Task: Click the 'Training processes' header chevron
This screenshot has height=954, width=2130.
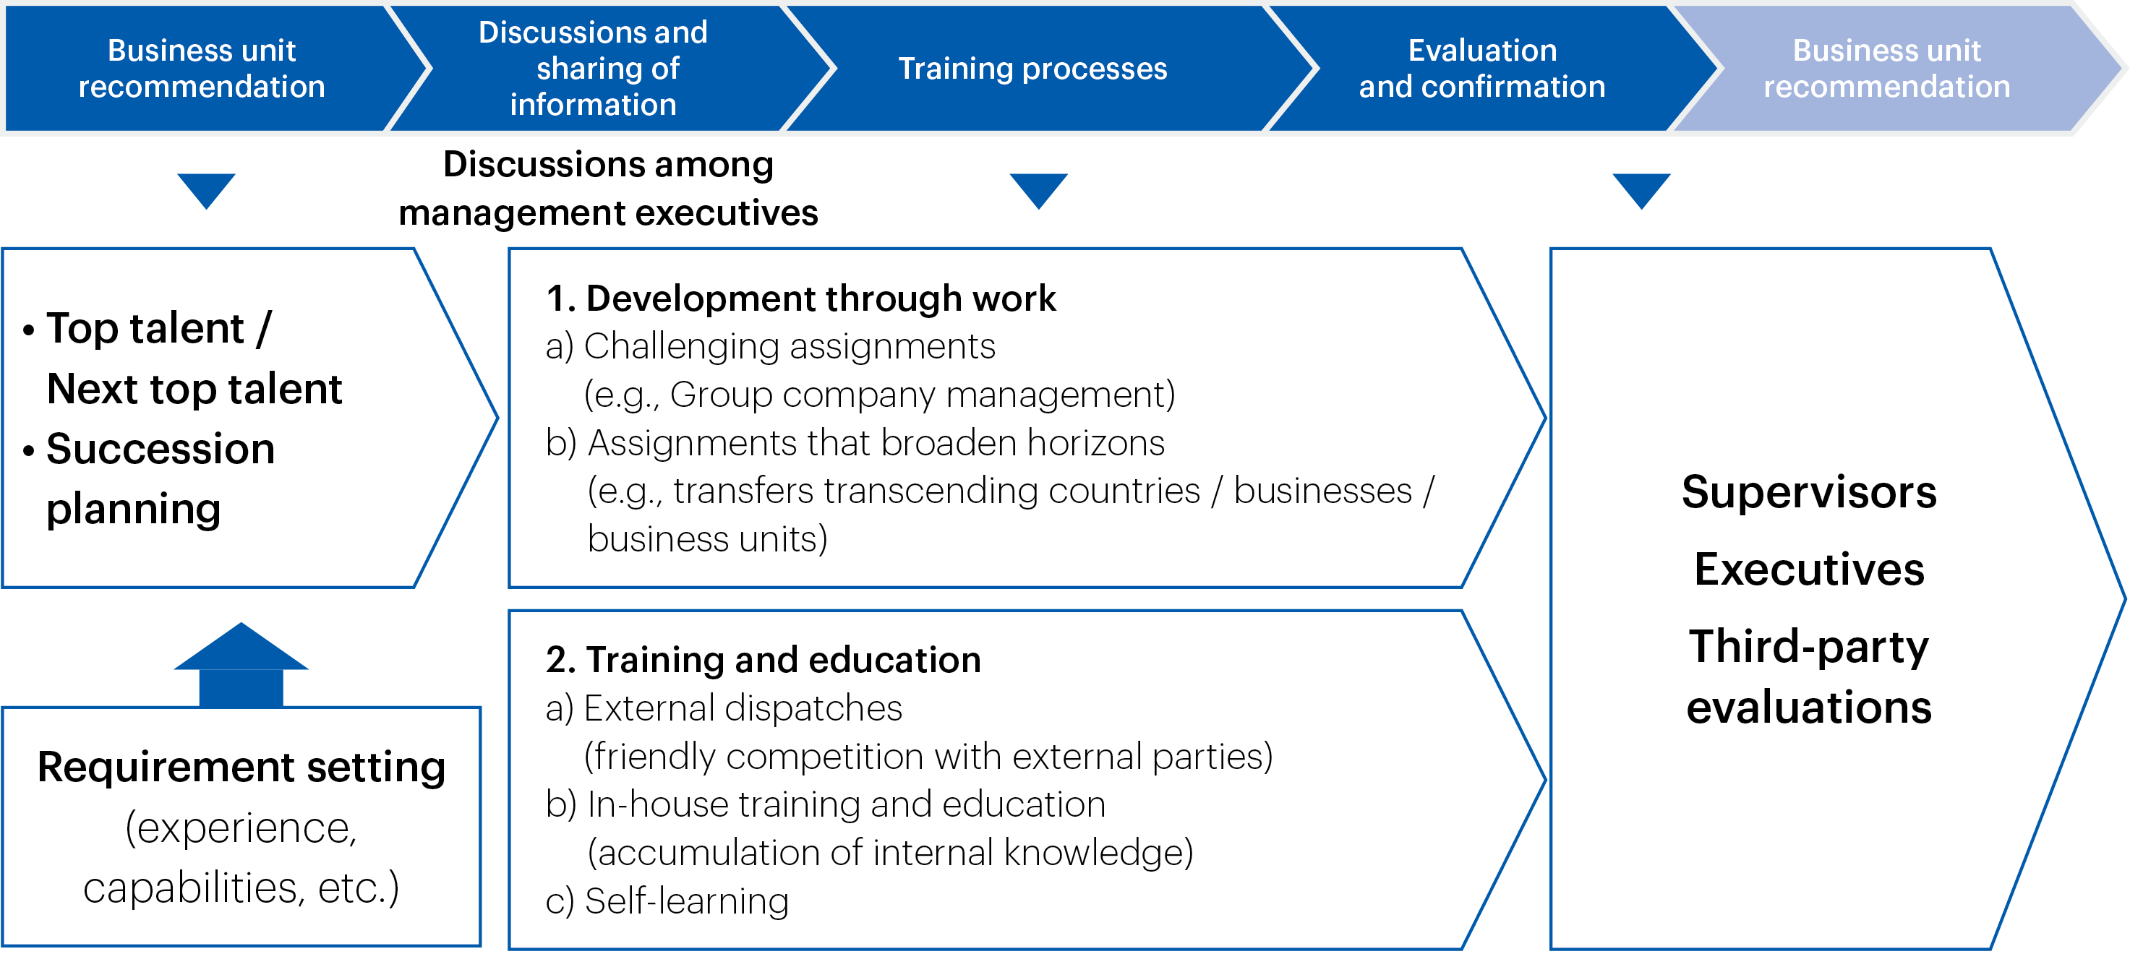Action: click(x=1034, y=69)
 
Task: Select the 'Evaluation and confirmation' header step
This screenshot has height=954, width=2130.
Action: click(x=1483, y=69)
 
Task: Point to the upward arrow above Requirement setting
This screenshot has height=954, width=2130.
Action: click(x=241, y=665)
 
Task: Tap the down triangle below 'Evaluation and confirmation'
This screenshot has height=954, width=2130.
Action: click(x=1641, y=190)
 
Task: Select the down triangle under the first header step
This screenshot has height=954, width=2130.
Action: click(x=206, y=190)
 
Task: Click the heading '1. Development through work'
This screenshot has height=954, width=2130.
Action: click(x=800, y=298)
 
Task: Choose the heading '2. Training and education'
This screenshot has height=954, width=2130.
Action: click(x=764, y=660)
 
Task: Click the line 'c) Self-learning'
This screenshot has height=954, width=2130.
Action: click(x=667, y=901)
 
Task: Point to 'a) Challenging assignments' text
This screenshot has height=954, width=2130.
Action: click(x=771, y=346)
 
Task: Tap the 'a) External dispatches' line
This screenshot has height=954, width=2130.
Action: click(x=724, y=708)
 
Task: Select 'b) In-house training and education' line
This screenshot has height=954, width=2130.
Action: click(x=825, y=804)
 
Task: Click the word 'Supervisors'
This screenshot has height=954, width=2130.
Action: click(x=1809, y=493)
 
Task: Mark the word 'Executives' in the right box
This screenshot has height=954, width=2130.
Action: click(x=1809, y=570)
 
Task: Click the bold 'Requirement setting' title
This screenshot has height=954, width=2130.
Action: click(x=241, y=767)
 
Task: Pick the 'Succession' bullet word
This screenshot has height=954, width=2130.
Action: click(x=161, y=449)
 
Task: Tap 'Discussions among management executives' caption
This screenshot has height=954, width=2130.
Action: click(x=609, y=189)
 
